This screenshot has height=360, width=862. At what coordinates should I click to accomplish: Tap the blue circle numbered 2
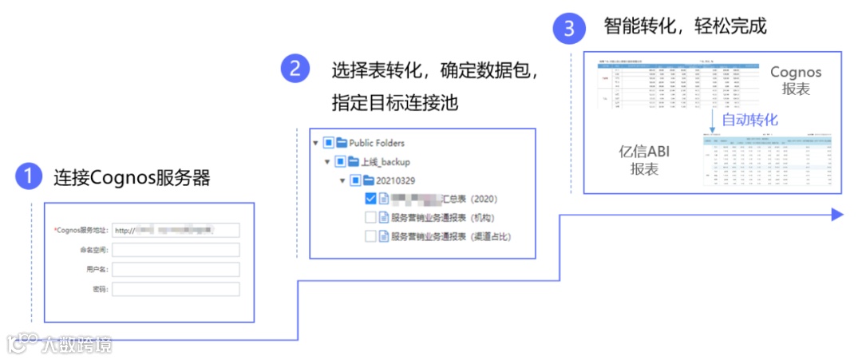click(x=295, y=69)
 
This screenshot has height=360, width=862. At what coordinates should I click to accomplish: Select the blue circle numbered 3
click(x=568, y=29)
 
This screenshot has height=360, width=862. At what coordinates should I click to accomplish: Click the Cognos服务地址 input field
click(x=176, y=231)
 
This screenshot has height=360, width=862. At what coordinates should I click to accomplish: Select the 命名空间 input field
click(x=176, y=250)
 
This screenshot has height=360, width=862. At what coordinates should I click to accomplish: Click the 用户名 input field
click(x=176, y=269)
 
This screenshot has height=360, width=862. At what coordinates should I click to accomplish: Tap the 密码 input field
click(x=176, y=288)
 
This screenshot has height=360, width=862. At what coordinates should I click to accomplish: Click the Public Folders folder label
click(x=377, y=143)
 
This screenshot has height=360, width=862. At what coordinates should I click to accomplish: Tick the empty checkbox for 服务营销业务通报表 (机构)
click(x=370, y=217)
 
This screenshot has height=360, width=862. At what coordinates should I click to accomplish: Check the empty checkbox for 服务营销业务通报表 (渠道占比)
click(x=370, y=236)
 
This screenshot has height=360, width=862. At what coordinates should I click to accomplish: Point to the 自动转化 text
click(x=749, y=120)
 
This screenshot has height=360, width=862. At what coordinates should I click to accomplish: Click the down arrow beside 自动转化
click(x=712, y=117)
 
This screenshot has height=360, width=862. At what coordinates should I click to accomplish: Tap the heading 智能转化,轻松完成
click(x=685, y=27)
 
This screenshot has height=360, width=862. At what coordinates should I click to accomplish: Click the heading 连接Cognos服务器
click(x=132, y=178)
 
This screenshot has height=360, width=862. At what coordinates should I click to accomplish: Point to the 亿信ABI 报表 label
click(x=644, y=160)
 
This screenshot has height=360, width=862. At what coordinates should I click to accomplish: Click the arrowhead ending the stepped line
click(x=837, y=214)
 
